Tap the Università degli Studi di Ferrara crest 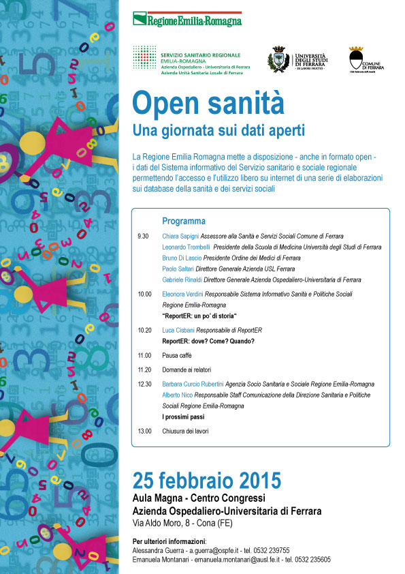pos(279,60)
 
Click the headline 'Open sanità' pos(208,103)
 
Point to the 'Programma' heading pos(184,221)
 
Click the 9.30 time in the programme pos(143,236)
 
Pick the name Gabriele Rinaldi pos(182,280)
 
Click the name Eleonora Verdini pos(184,294)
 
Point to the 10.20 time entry pos(144,330)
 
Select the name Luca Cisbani pos(179,330)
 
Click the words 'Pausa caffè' pos(178,355)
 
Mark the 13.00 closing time pos(144,431)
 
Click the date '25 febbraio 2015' pos(206,479)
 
